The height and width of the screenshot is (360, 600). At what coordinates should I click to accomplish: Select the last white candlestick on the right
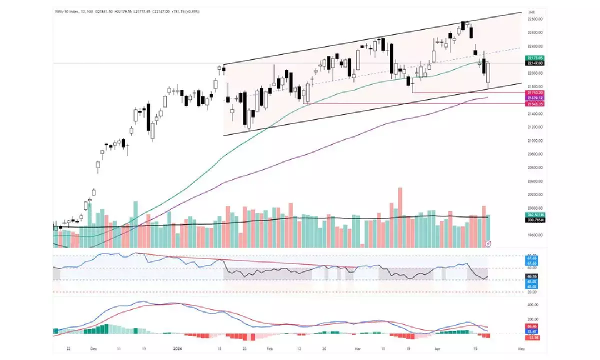tap(488, 73)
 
